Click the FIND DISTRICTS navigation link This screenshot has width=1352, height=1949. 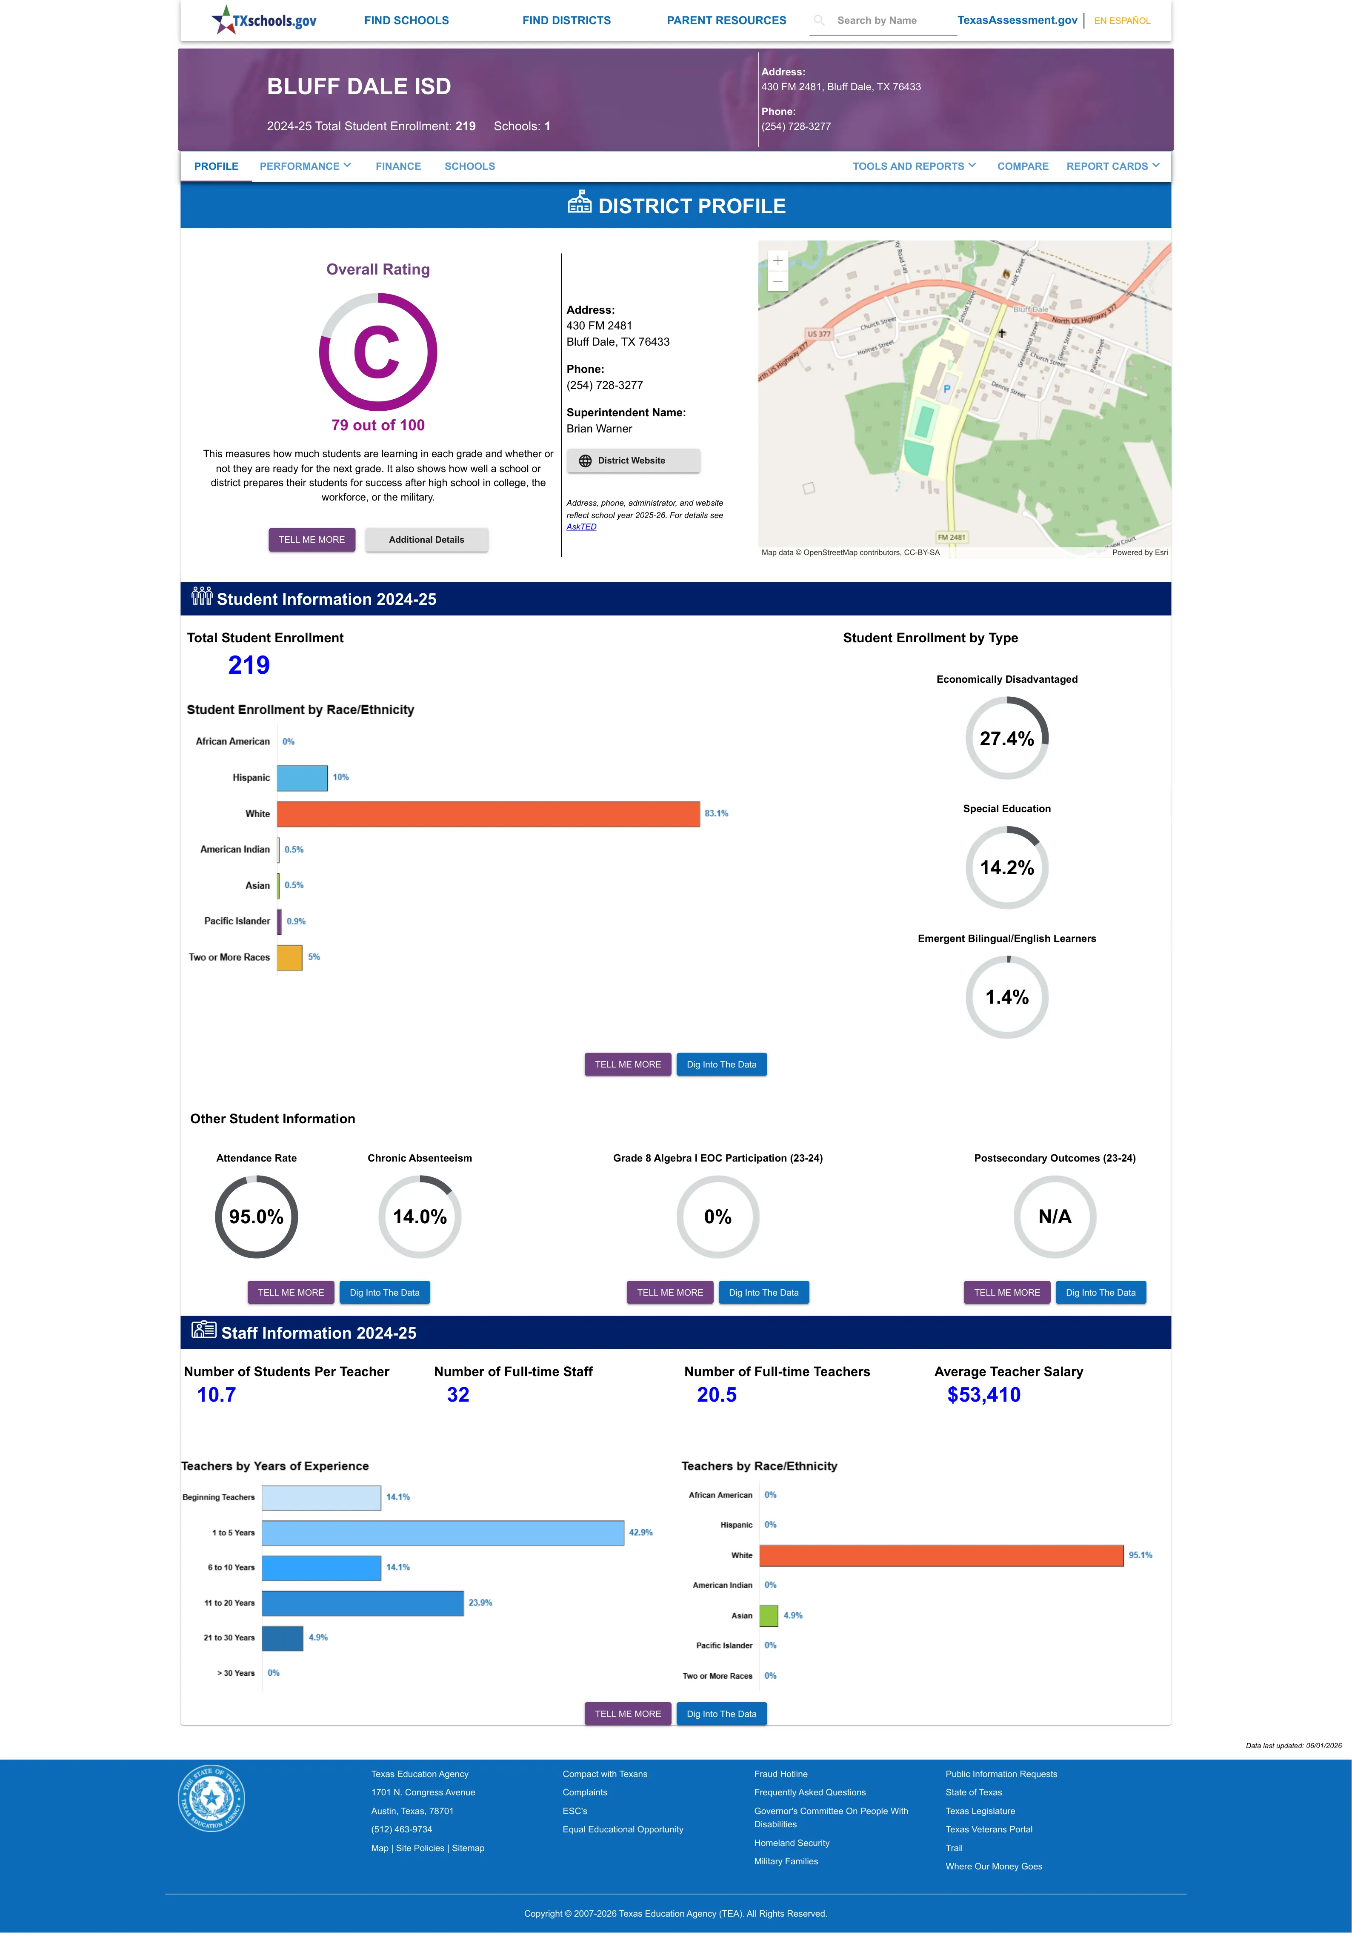(x=566, y=20)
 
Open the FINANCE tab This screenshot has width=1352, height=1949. (x=398, y=166)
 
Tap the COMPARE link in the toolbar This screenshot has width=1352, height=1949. (x=1023, y=166)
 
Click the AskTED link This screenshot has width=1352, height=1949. (x=581, y=527)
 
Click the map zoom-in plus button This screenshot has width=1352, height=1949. (x=777, y=261)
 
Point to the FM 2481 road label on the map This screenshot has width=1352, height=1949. (x=951, y=537)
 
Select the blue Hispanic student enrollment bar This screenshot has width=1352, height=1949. (x=303, y=778)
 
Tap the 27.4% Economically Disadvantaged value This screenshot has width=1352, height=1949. (x=1006, y=738)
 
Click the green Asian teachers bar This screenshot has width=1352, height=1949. (x=768, y=1615)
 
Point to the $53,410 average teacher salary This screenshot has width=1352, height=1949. (x=983, y=1394)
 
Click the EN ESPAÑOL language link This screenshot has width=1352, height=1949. (x=1122, y=20)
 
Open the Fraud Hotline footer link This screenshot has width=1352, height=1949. (x=780, y=1774)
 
